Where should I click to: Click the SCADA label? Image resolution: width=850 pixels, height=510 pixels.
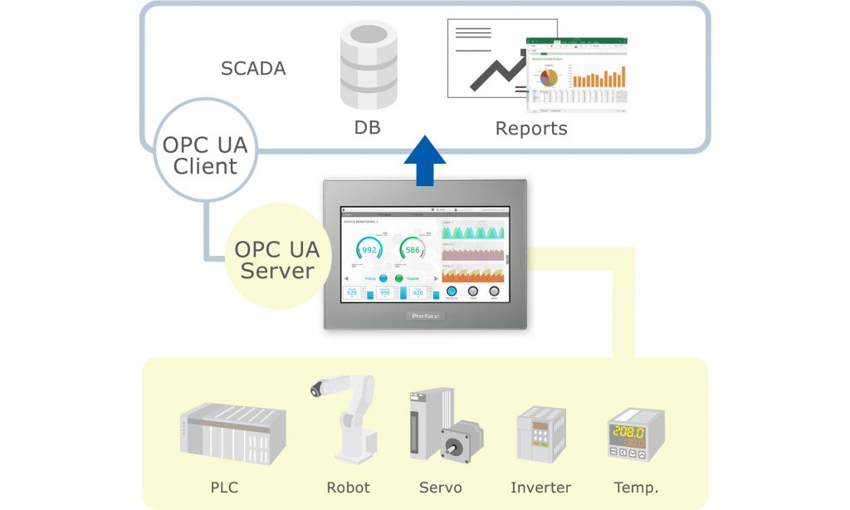coord(253,68)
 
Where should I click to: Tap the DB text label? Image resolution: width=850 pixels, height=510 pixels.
coord(367,128)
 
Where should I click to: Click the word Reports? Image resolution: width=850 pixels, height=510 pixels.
coord(531,128)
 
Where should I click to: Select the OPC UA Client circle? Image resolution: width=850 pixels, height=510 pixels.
coord(205,154)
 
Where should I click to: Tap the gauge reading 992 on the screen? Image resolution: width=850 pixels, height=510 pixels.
coord(369,250)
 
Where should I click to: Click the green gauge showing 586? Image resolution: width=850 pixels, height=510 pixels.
coord(413,250)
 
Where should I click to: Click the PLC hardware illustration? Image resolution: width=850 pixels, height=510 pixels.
coord(233,432)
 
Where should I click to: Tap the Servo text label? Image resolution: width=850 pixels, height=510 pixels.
coord(440,488)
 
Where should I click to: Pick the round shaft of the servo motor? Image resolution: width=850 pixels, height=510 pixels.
coord(455,446)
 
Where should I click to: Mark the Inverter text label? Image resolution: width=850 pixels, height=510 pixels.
coord(540,488)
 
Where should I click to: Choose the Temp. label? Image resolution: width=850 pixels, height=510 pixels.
coord(636,488)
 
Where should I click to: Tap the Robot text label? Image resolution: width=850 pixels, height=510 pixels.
coord(347,488)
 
